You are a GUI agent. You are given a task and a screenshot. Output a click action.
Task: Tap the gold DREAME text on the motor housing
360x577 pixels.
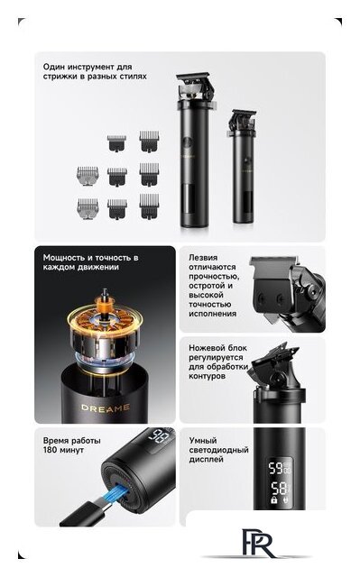point(106,408)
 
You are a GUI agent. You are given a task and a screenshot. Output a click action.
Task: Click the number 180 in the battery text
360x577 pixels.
point(50,450)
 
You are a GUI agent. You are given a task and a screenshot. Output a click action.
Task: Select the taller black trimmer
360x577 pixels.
point(194,151)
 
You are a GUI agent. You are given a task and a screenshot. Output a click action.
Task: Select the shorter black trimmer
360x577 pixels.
point(243,166)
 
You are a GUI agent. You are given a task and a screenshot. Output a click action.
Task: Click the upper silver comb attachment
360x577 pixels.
point(88,176)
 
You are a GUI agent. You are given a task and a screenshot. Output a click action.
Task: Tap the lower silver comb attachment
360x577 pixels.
point(88,208)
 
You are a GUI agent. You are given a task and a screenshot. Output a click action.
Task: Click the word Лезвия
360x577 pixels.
point(203,258)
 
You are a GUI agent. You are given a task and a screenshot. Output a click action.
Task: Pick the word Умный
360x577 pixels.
point(203,441)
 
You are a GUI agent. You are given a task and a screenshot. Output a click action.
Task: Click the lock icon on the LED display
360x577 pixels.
point(274,499)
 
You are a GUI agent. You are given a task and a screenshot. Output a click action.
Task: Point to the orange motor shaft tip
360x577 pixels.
point(105,293)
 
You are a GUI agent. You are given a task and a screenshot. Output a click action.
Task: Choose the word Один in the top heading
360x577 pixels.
point(53,67)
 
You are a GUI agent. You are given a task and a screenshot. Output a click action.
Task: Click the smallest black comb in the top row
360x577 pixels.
point(116,142)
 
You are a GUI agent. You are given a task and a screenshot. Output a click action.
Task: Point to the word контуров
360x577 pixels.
point(207,376)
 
